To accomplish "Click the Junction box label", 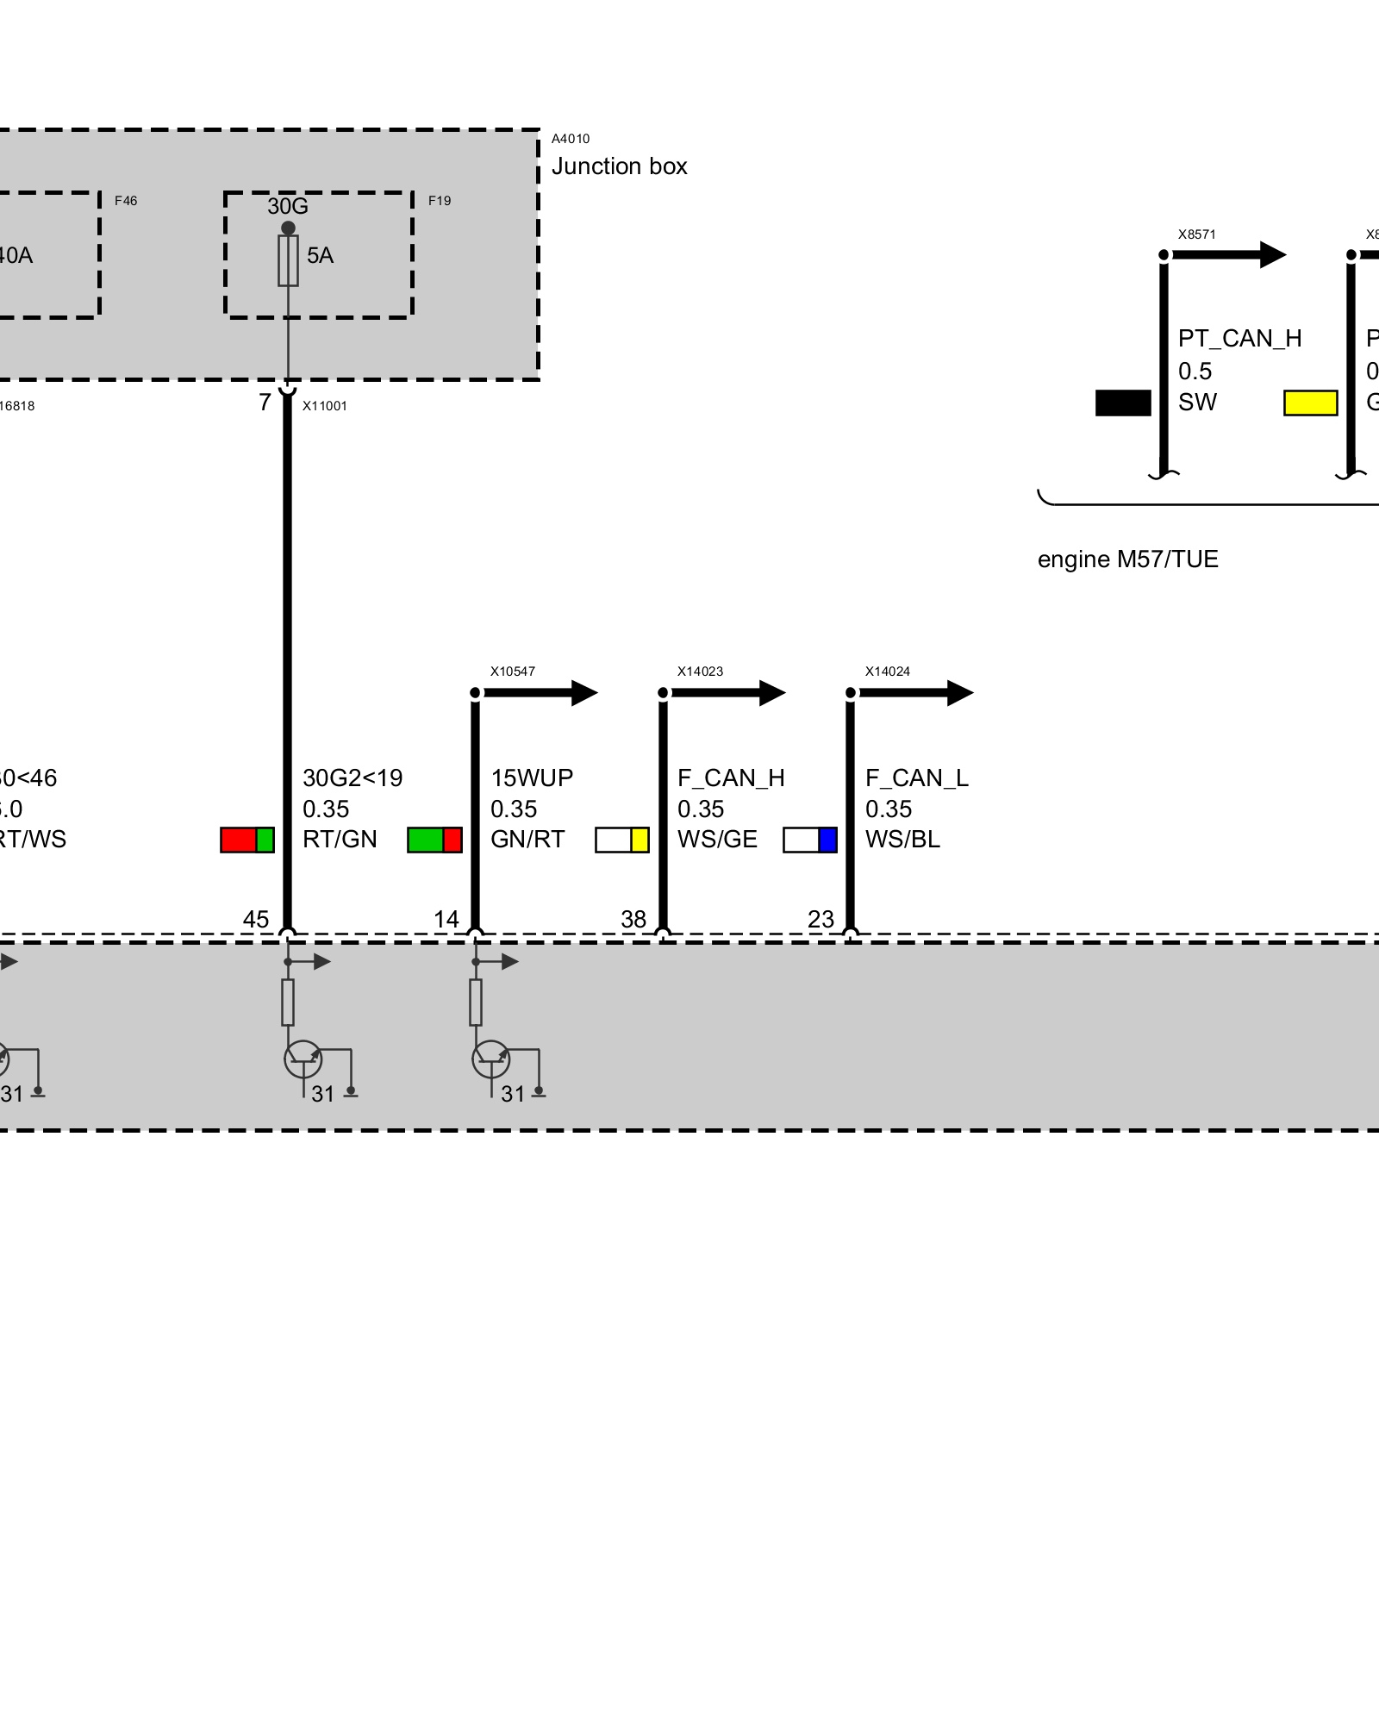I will [x=619, y=166].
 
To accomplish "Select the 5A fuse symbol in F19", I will [x=288, y=259].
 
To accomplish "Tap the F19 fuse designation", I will [x=440, y=201].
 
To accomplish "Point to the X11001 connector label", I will [x=324, y=406].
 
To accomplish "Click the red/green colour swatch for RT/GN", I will [x=247, y=840].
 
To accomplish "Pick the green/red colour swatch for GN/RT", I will [x=434, y=840].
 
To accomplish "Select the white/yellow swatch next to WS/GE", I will [x=622, y=840].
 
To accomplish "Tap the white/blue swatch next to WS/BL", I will [x=810, y=840].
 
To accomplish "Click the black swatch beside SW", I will [x=1123, y=403].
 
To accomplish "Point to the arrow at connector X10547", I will [x=583, y=692].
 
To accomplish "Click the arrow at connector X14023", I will [x=771, y=692].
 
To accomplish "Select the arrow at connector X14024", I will [x=959, y=692].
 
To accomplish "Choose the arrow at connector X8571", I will [x=1272, y=254].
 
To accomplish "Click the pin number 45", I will [x=256, y=920].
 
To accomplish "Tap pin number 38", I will [x=633, y=920].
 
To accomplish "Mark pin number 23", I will [x=821, y=920].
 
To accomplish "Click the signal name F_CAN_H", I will [x=731, y=778].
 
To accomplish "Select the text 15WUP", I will [x=532, y=778].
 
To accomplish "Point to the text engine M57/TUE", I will [x=1127, y=559].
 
